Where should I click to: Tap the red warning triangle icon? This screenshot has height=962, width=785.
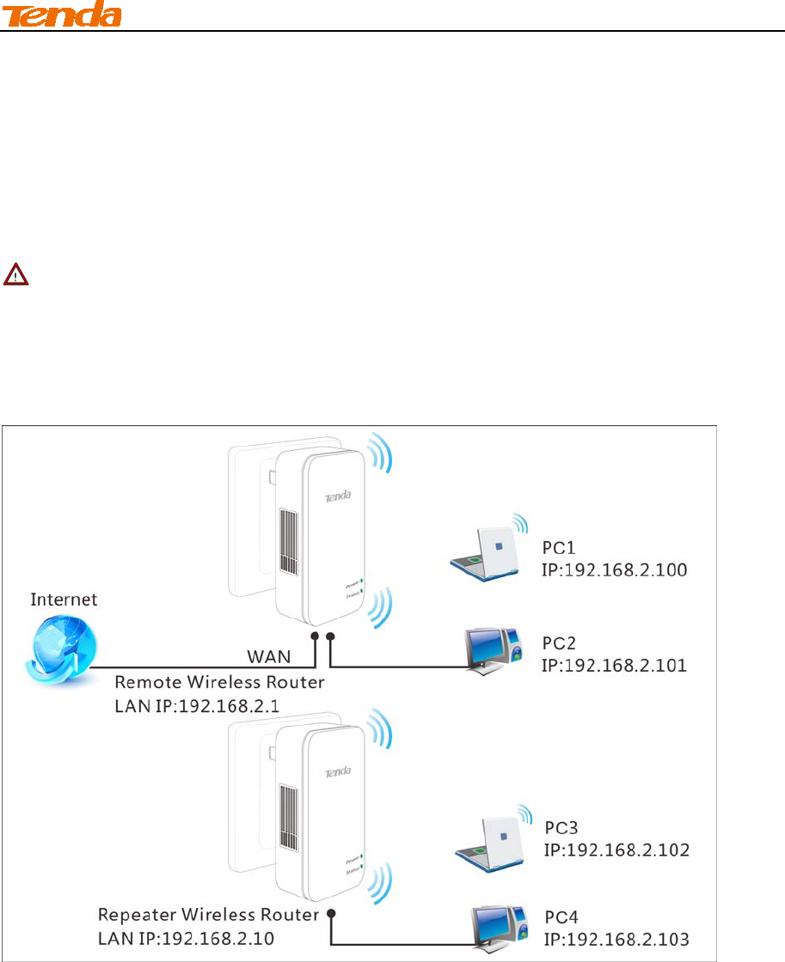point(15,275)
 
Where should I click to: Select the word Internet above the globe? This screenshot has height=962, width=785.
point(64,599)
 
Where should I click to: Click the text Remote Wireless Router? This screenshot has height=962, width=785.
point(219,684)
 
